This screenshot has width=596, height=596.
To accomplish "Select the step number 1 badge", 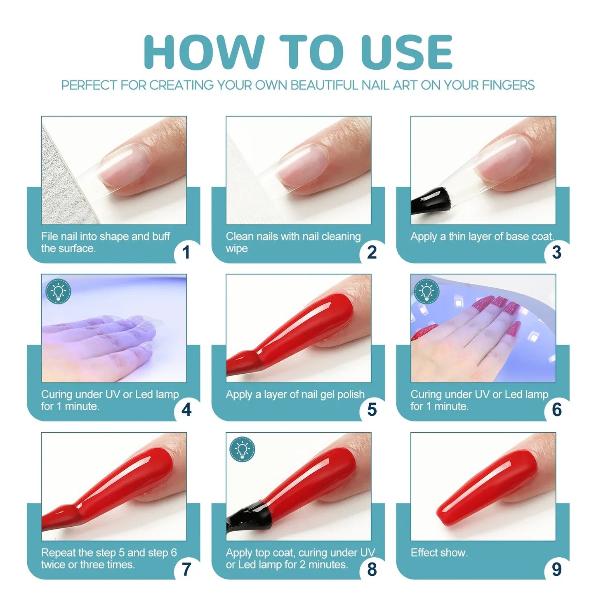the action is point(186,252).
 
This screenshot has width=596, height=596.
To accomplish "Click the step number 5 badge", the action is point(371,410).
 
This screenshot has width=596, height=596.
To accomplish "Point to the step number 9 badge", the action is point(556,569).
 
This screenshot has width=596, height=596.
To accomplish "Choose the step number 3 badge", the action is point(556,252).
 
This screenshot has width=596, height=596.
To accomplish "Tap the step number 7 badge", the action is point(186,569).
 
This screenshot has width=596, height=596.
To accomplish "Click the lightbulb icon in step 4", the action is point(58,291).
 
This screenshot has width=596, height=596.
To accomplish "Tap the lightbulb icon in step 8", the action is point(243,450).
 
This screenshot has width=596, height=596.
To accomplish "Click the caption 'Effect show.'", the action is point(439,553).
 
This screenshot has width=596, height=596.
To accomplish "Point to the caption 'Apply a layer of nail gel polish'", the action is point(295,395).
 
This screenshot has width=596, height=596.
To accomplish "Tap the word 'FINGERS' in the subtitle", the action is point(508,85).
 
